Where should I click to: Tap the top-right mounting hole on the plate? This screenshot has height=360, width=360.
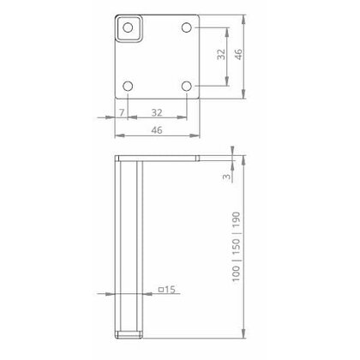point(187,27)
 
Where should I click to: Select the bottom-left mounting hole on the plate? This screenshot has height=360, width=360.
point(128,87)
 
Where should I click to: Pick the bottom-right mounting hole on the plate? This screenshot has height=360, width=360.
point(187,87)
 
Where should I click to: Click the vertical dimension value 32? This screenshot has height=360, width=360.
point(221,57)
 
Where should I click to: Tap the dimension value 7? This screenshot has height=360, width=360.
point(122,112)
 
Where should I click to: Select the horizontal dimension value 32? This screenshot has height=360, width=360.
point(157,112)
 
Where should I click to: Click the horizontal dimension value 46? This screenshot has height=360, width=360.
point(157,131)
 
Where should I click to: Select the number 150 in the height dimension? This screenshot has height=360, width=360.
point(236,242)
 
